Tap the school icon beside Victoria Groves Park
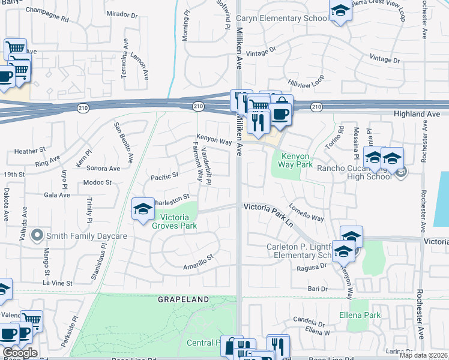coord(143,209)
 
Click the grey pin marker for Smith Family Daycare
coord(37,236)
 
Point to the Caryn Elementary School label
coord(282,19)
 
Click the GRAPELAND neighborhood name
coord(184,299)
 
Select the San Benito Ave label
coord(124,143)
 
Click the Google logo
coord(19,353)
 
